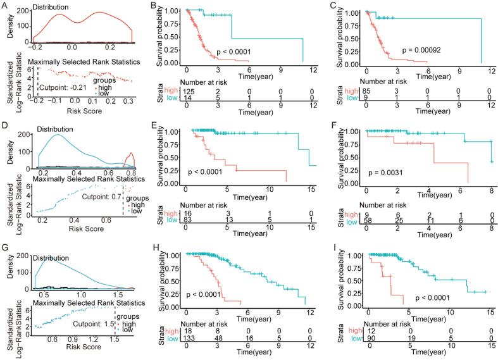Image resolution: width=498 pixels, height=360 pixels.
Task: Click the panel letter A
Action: point(6,6)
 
